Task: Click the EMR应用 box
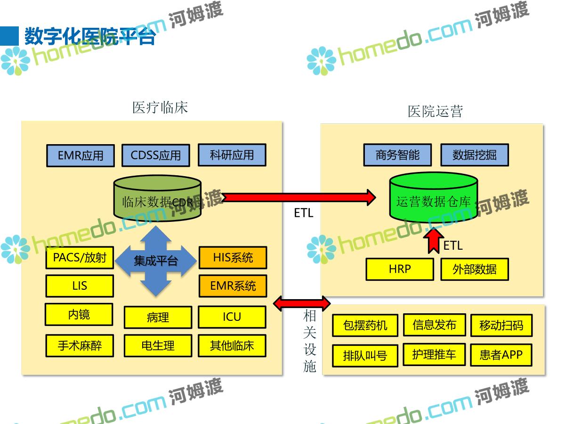click(x=80, y=156)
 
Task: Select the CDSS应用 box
click(x=155, y=155)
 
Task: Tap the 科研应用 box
click(x=232, y=155)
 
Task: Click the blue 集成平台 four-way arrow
click(x=156, y=261)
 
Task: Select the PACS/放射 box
click(x=80, y=258)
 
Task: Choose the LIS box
click(x=80, y=286)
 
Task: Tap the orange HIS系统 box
click(x=233, y=258)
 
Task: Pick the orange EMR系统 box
click(x=233, y=286)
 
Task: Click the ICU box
click(x=232, y=317)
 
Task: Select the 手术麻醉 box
click(x=80, y=346)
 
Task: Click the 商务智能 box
click(x=397, y=155)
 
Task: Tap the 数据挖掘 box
click(x=474, y=155)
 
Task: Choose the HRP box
click(x=400, y=269)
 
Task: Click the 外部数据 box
click(x=474, y=269)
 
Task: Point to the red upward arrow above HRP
click(x=433, y=240)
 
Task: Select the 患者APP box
click(x=501, y=355)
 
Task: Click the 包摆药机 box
click(x=365, y=326)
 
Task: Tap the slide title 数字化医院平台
click(x=89, y=36)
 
